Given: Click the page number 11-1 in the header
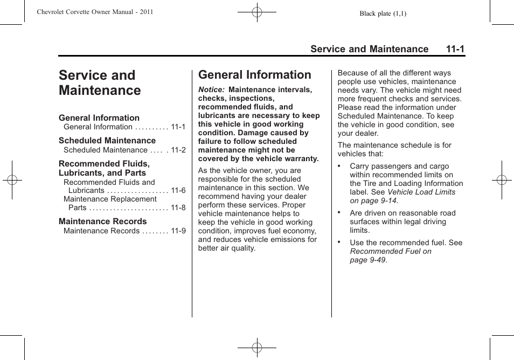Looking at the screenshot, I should click(455, 49).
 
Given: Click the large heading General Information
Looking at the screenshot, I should click(254, 75).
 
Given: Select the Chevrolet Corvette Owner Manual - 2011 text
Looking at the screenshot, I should click(95, 12).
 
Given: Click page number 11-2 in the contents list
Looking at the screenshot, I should click(178, 150).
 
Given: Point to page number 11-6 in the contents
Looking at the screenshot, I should click(178, 191).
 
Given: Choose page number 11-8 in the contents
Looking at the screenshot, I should click(178, 208).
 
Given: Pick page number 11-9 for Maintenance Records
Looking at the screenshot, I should click(178, 231).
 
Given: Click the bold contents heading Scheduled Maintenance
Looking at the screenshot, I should click(107, 141).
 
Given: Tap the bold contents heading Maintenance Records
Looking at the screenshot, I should click(102, 221).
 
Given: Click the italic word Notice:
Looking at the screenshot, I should click(211, 90).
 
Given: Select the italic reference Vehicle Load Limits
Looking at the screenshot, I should click(421, 192).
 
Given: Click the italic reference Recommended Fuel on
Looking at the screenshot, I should click(391, 252).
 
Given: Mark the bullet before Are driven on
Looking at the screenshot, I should click(340, 212).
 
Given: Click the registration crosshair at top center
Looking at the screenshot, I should click(257, 11).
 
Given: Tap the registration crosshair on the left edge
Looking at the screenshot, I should click(11, 180).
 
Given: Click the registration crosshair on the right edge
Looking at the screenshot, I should click(502, 180).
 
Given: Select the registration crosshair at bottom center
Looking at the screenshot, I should click(257, 348).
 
